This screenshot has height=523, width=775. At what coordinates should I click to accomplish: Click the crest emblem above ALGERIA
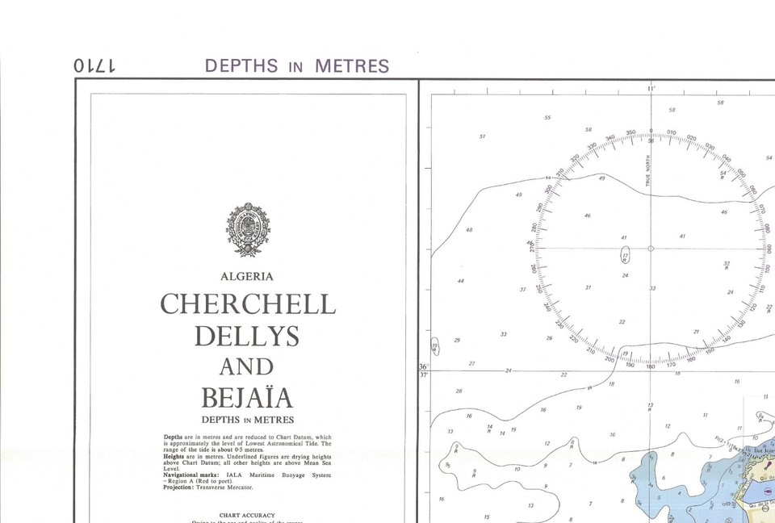248,229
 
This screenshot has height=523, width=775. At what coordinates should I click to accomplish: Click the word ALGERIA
247,276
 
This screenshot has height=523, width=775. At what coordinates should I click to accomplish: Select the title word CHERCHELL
248,304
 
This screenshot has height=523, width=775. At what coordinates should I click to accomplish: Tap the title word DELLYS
247,335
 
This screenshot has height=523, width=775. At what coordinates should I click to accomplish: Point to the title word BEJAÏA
247,398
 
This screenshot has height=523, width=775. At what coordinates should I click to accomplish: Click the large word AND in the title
247,366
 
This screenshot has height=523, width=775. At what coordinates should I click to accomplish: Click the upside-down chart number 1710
95,66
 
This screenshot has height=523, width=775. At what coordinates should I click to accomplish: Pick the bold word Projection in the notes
182,487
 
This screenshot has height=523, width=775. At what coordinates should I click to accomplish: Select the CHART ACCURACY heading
247,515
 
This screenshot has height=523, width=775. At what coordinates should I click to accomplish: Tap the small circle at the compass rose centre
651,249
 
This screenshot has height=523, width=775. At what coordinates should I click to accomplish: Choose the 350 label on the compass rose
630,132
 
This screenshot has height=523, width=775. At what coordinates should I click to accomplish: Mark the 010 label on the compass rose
672,132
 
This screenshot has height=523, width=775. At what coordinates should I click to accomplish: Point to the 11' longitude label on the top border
651,89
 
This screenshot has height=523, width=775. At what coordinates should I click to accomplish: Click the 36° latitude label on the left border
424,367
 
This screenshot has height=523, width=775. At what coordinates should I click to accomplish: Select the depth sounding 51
482,136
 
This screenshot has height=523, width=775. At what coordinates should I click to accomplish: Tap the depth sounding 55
547,118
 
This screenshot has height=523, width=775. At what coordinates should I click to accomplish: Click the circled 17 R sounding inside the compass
624,257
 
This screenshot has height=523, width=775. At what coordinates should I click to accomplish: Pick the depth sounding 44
460,281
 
